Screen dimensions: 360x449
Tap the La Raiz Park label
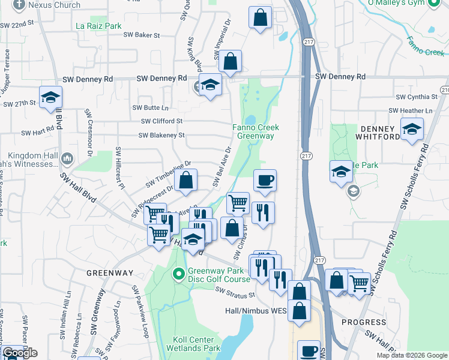pyautogui.click(x=99, y=26)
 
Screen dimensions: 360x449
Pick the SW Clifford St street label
pyautogui.click(x=161, y=121)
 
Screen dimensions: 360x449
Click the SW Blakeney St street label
pyautogui.click(x=161, y=136)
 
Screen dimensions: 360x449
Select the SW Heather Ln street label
pyautogui.click(x=411, y=111)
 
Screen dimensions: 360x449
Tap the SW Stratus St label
pyautogui.click(x=235, y=292)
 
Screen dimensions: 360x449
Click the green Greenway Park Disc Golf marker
pyautogui.click(x=178, y=275)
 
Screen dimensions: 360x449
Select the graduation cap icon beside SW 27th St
pyautogui.click(x=51, y=97)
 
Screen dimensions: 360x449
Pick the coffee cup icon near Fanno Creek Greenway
pyautogui.click(x=265, y=179)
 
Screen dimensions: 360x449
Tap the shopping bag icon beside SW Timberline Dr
pyautogui.click(x=186, y=180)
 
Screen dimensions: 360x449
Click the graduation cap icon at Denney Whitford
pyautogui.click(x=412, y=129)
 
